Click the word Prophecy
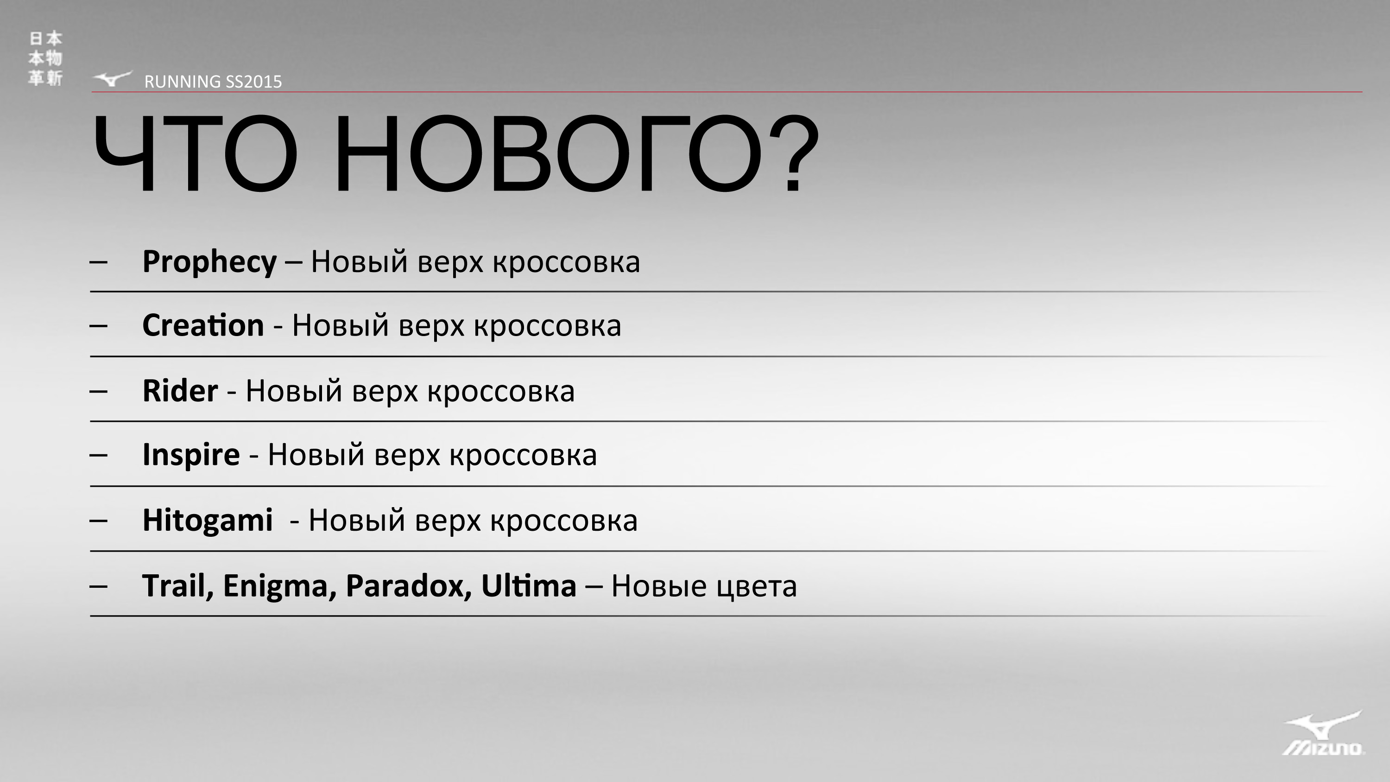click(x=209, y=263)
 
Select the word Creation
click(x=203, y=325)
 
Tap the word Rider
click(x=180, y=391)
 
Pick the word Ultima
click(x=529, y=585)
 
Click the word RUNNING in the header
click(x=183, y=82)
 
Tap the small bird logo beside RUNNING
click(x=112, y=79)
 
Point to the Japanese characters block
click(x=45, y=58)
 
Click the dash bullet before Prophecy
click(x=98, y=262)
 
